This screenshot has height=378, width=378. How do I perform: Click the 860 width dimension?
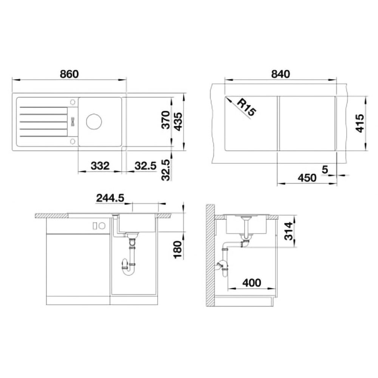(x=69, y=74)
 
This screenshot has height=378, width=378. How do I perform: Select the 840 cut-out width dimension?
(x=280, y=74)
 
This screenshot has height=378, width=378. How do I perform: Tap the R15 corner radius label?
(x=246, y=107)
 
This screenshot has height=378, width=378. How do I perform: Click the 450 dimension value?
(x=307, y=178)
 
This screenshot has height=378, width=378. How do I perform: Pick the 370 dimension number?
(x=166, y=120)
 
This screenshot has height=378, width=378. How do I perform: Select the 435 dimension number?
(x=178, y=122)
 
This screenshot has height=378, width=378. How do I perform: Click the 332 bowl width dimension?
(x=100, y=166)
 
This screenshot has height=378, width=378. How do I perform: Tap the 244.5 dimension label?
(x=110, y=198)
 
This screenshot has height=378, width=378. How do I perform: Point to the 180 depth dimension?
(x=178, y=250)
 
